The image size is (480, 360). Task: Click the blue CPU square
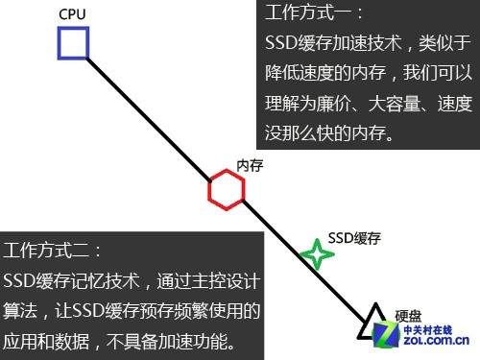coord(73,44)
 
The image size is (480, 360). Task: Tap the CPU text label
coord(71,15)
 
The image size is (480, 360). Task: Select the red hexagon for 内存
coord(227,190)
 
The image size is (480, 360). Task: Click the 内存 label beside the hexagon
coord(250,165)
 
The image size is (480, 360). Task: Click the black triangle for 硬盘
coord(372,324)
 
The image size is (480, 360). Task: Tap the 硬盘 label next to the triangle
coord(408,315)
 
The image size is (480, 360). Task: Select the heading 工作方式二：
coord(53,252)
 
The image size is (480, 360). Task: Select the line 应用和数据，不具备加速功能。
coord(119,342)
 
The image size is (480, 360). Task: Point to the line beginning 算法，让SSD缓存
coord(132,311)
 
